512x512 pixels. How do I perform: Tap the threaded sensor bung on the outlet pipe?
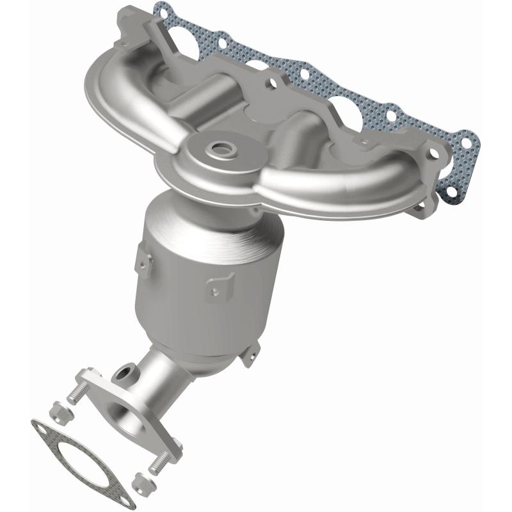pos(126,371)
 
